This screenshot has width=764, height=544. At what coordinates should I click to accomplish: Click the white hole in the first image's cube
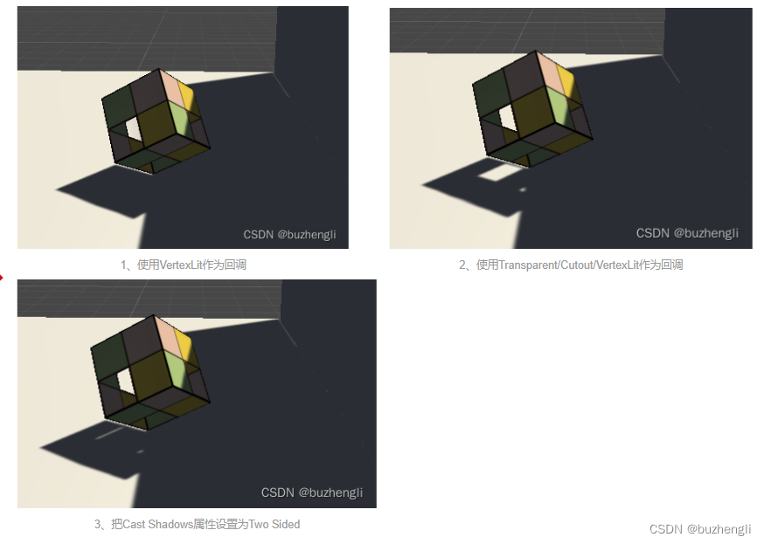pyautogui.click(x=134, y=129)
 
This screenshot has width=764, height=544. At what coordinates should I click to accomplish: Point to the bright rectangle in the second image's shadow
pyautogui.click(x=498, y=173)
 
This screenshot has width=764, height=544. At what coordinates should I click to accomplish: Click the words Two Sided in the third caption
pyautogui.click(x=274, y=524)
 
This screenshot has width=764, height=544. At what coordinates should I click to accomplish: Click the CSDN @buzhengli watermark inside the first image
pyautogui.click(x=290, y=235)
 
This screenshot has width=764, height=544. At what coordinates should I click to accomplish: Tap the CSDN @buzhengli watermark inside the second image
pyautogui.click(x=687, y=233)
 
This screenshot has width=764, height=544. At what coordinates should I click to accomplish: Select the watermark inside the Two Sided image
pyautogui.click(x=312, y=492)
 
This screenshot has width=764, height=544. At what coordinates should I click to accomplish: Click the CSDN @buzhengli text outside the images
pyautogui.click(x=700, y=529)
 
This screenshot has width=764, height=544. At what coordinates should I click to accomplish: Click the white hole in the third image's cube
pyautogui.click(x=126, y=381)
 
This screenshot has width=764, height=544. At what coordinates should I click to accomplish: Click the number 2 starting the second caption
pyautogui.click(x=462, y=265)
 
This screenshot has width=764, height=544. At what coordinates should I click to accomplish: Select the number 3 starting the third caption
pyautogui.click(x=97, y=525)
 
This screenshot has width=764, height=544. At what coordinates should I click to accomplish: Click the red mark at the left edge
pyautogui.click(x=2, y=278)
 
